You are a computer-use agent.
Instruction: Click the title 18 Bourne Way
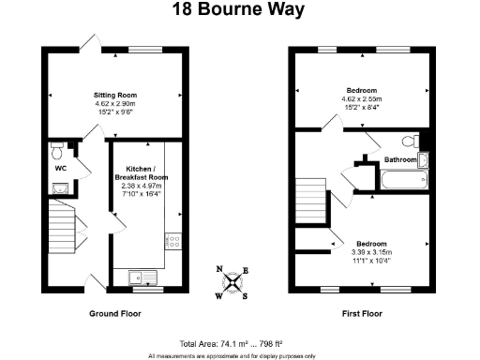click(240, 10)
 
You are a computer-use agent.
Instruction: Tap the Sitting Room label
click(114, 95)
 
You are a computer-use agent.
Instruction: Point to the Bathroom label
click(400, 160)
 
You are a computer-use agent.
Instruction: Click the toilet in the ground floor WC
click(57, 150)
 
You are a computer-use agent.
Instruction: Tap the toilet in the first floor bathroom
click(410, 142)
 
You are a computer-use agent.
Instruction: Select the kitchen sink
click(138, 276)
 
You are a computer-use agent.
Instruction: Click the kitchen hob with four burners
click(173, 243)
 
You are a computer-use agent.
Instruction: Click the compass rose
click(233, 282)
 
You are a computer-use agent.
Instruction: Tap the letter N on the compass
click(220, 270)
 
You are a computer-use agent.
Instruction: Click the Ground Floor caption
click(114, 313)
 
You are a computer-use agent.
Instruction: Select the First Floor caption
click(364, 313)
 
